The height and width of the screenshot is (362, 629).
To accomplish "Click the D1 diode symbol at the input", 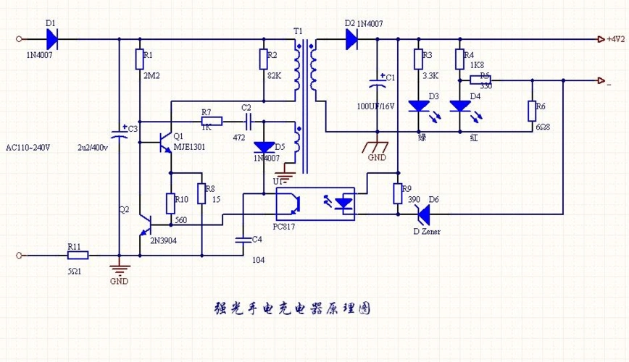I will pos(52,39).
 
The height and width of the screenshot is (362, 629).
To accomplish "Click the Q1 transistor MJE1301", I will pos(165,142).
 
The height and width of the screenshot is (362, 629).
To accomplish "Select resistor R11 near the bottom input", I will pos(78,255).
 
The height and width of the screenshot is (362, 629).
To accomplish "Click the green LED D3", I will pos(418,106).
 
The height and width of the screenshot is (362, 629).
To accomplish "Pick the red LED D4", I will pos(459,106).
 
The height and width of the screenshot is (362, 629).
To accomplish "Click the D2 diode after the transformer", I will pos(351,39).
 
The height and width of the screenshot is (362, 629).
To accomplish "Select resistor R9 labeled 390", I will pos(397,193).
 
